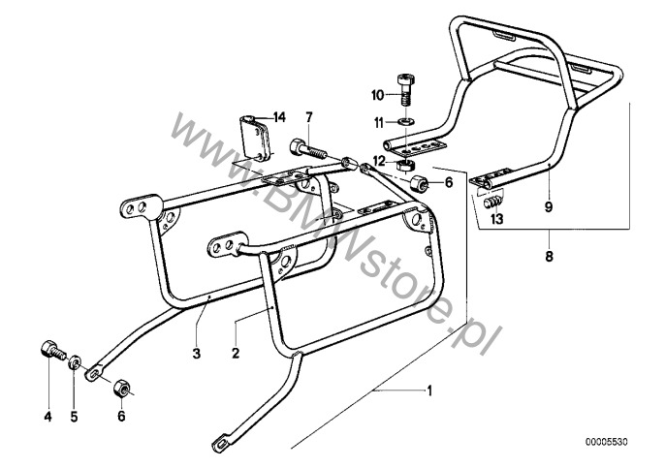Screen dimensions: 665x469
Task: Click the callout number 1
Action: point(429,391)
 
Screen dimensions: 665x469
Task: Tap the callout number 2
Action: point(236,353)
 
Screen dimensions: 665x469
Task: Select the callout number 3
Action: point(197,353)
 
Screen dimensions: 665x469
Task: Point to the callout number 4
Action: point(47,417)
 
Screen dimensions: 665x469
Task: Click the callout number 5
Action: point(75,417)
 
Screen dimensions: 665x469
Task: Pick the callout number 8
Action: point(550,256)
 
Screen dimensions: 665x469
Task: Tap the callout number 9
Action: point(549,206)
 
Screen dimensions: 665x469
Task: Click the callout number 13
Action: point(496,219)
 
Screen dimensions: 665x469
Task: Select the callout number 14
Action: point(279,117)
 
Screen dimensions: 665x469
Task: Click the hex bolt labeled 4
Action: point(53,350)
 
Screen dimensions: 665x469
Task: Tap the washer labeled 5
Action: point(75,362)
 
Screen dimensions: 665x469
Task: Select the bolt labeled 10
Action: point(406,90)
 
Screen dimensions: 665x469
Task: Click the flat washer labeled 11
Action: point(406,122)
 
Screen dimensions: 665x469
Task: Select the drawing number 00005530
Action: point(607,442)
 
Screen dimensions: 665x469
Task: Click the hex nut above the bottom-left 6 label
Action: point(122,388)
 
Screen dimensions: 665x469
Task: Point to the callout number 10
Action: point(377,95)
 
